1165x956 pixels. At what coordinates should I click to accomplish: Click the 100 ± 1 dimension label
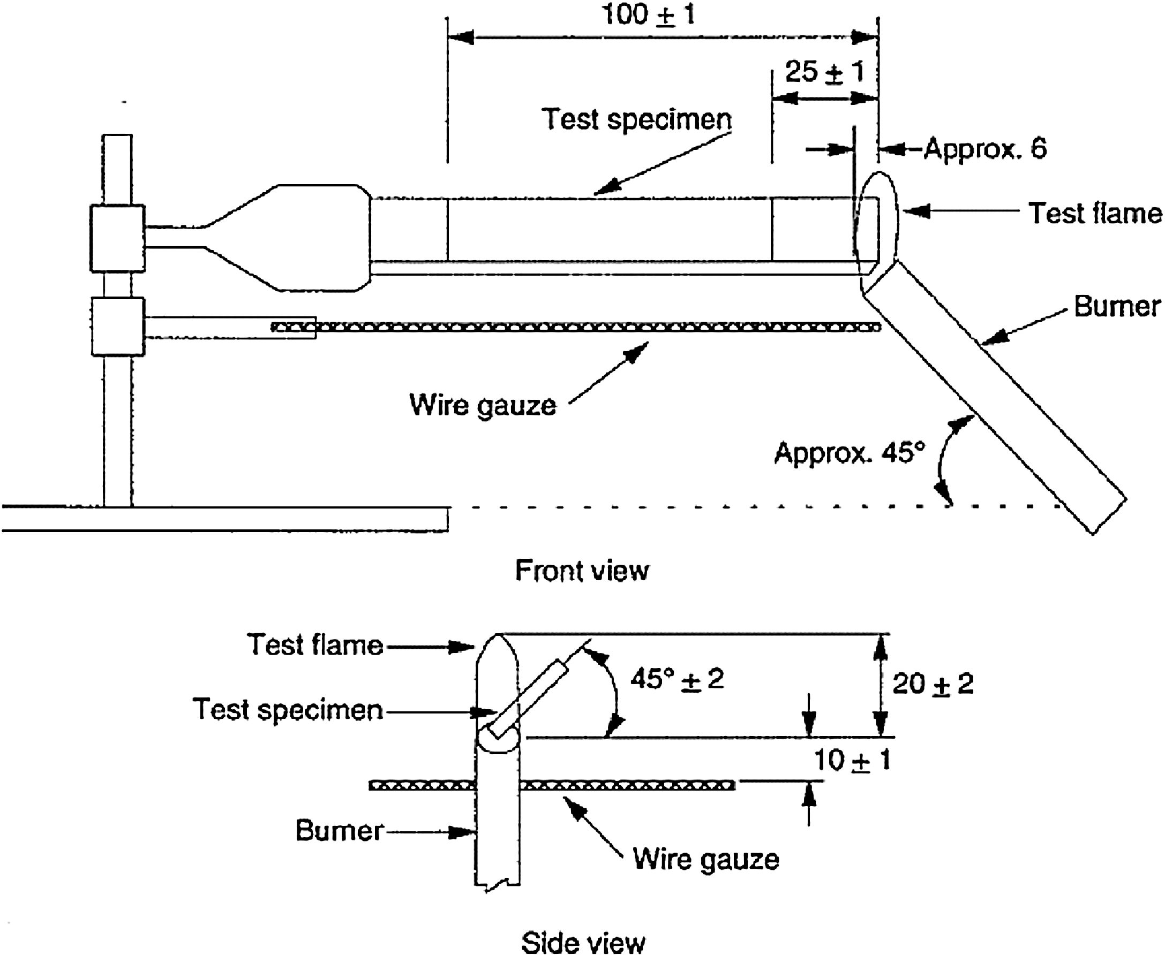649,14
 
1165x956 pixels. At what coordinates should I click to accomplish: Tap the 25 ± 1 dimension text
824,73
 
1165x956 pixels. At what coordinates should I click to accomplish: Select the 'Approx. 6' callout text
985,149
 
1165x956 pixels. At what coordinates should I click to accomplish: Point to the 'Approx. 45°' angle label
849,453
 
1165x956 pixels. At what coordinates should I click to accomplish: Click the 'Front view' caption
582,571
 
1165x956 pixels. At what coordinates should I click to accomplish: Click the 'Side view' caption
583,943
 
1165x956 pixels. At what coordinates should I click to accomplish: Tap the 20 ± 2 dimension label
933,684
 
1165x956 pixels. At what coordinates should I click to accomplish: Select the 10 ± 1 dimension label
852,760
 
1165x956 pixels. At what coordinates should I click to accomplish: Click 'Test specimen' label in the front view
636,119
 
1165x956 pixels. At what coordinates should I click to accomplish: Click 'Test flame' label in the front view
1095,213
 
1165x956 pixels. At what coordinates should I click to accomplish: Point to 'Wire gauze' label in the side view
706,859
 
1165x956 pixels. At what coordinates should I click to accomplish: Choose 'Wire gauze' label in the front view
483,405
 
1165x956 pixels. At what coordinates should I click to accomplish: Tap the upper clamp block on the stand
117,238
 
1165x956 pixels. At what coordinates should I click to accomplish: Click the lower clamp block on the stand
118,327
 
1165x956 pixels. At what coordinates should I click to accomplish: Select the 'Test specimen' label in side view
288,709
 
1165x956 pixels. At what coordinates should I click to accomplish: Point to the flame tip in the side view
496,635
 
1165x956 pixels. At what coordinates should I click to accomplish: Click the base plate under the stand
225,519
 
